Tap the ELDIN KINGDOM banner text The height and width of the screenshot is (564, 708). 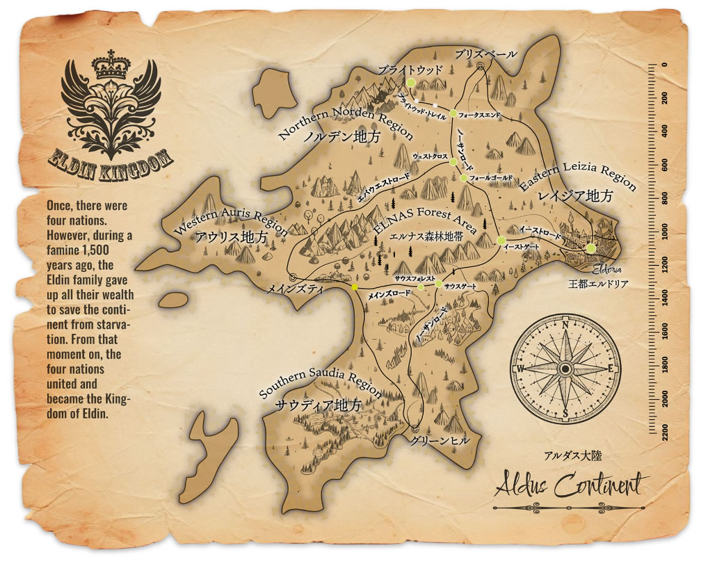click(111, 161)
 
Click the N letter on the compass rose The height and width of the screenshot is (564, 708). click(565, 325)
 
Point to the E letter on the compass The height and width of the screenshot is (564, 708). click(610, 369)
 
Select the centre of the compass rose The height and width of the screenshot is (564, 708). click(565, 369)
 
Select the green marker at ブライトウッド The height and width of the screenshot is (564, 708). click(410, 82)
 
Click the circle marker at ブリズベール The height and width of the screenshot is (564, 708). click(481, 67)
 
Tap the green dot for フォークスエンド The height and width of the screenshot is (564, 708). click(453, 113)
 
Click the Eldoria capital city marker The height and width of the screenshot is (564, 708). click(590, 248)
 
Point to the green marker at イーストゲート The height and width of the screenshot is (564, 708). click(501, 240)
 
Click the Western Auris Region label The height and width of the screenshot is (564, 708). click(229, 220)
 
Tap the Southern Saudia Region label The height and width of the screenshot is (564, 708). click(319, 381)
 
